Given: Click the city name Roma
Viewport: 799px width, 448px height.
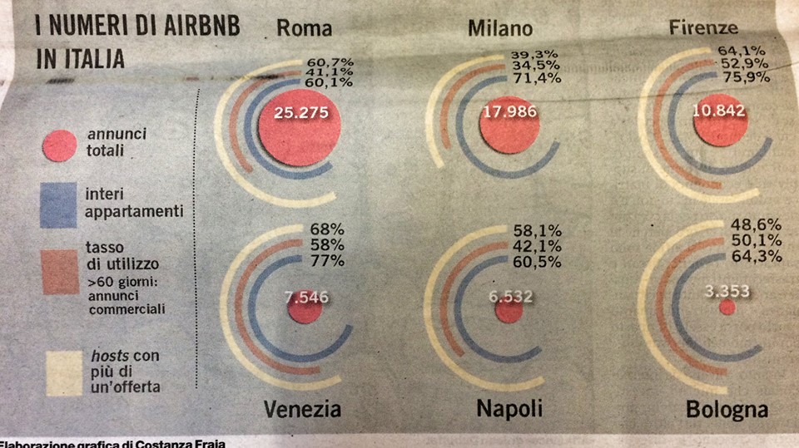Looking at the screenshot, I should pos(304,28).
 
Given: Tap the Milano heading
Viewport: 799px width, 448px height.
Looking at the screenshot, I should pos(500,28).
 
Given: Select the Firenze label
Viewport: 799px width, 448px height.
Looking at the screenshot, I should pos(703,27).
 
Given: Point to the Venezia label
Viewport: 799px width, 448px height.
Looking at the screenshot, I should pos(303,409).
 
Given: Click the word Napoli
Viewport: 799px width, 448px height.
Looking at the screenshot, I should pos(509,409).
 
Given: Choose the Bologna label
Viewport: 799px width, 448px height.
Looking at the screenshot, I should pos(727,411).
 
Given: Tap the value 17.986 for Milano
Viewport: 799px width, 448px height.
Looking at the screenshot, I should pos(509,113).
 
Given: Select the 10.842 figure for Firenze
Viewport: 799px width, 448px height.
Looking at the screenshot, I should pos(717,113).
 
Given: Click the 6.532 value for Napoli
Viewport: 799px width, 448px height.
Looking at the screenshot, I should pos(509,296).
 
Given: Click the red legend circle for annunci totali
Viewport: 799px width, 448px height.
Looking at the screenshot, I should pos(59,146).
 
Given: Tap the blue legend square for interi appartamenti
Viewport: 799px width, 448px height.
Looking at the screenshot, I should pos(58,204).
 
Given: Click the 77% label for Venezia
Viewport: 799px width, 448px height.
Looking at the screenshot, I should pos(326,261).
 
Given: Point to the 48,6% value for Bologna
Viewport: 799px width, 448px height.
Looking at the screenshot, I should pos(756,226).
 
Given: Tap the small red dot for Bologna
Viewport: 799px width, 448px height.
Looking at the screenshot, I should pos(727,308).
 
